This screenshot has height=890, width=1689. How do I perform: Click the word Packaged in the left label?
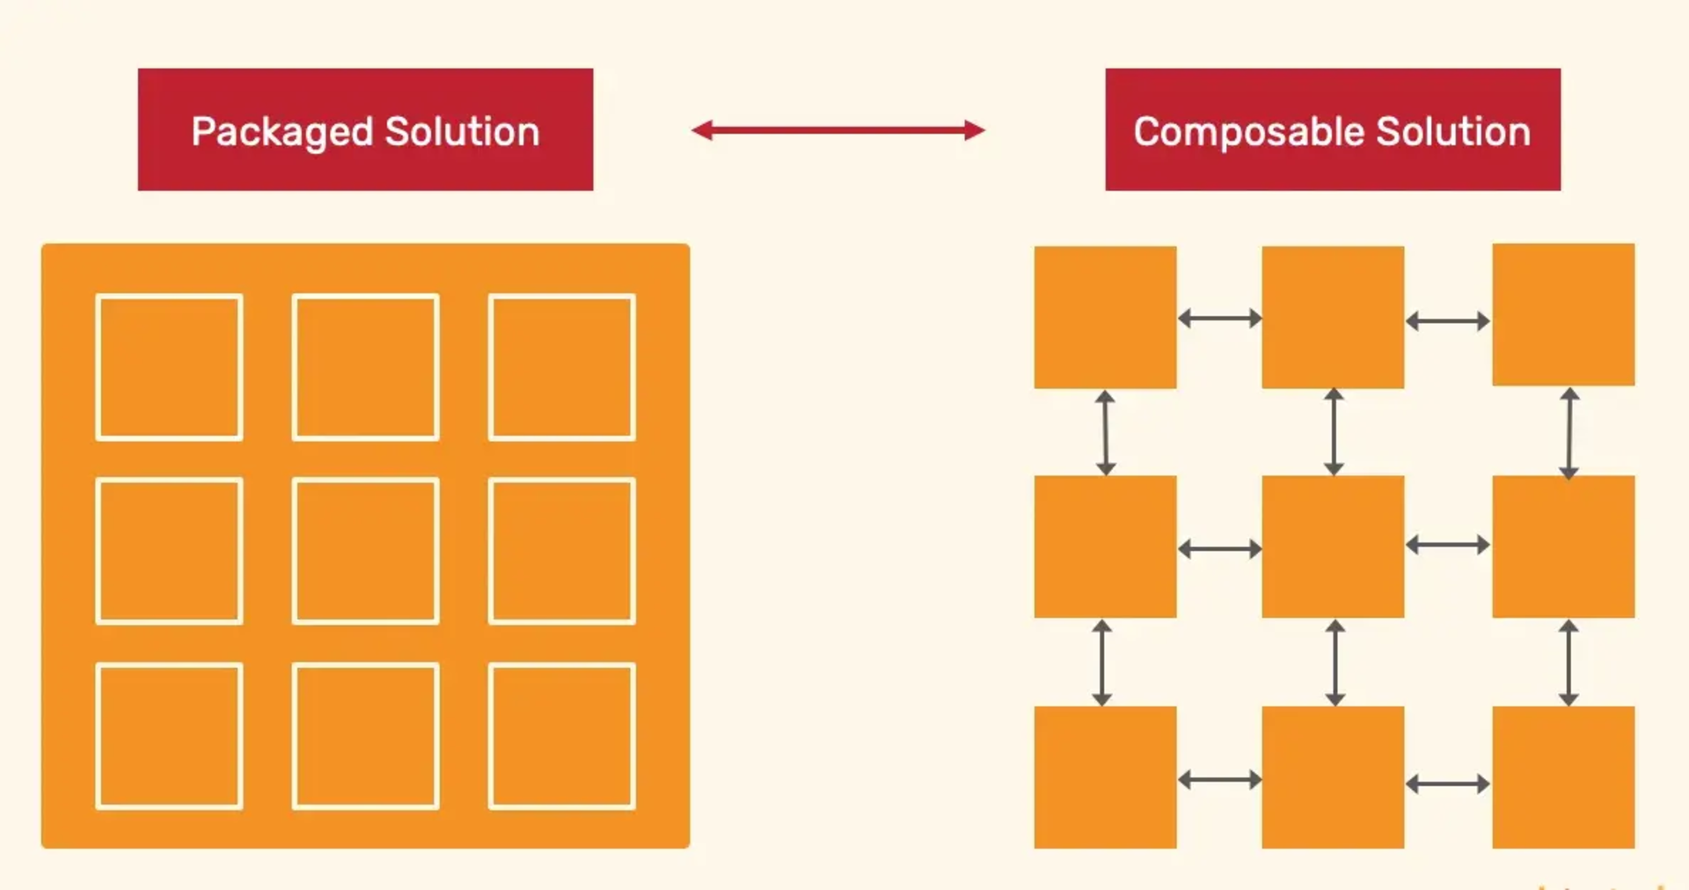coord(281,132)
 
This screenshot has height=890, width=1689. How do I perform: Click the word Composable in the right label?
coord(1247,132)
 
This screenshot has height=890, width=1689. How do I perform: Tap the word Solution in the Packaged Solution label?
coord(462,131)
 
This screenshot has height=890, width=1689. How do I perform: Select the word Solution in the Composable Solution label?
coord(1452,131)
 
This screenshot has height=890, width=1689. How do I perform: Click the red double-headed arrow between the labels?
coord(837,130)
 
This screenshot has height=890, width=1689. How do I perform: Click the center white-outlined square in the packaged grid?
coord(365,551)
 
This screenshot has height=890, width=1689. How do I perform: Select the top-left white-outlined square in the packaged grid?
coord(169,367)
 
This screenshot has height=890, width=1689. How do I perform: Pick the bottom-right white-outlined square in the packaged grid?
coord(562,736)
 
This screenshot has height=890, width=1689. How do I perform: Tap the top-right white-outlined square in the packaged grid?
coord(562,367)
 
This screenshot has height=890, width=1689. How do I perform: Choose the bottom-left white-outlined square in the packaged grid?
coord(169,736)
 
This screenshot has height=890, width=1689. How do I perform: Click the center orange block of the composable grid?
coord(1333,547)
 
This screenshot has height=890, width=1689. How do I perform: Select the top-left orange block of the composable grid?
coord(1105,317)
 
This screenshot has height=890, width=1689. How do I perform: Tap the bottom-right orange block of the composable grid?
coord(1563,777)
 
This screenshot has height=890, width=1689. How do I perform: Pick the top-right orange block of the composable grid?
coord(1563,314)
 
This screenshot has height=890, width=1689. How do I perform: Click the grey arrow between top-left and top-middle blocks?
coord(1219,319)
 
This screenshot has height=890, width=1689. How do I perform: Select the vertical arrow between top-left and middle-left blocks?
coord(1106,433)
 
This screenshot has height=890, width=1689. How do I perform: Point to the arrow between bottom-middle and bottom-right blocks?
coord(1448,783)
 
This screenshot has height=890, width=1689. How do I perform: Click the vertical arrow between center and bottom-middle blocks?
coord(1335,663)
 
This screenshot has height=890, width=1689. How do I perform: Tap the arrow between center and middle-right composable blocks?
coord(1448,545)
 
